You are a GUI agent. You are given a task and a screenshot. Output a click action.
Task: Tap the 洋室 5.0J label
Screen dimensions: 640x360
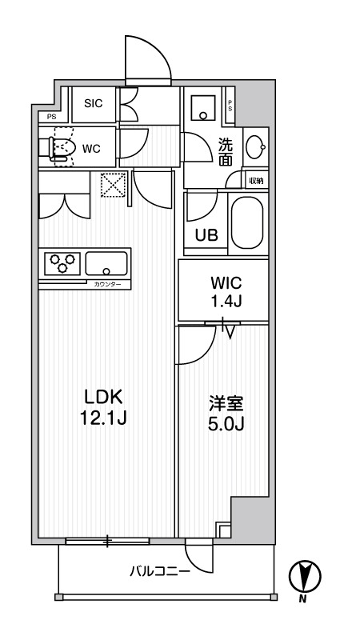pos(225,414)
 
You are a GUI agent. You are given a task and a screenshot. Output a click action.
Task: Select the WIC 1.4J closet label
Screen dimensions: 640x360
pos(225,291)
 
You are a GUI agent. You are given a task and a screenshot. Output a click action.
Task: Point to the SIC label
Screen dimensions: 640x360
pos(94,102)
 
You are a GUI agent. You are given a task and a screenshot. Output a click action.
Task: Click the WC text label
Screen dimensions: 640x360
pos(90,149)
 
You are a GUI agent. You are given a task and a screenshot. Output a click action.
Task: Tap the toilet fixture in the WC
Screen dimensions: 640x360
pos(58,148)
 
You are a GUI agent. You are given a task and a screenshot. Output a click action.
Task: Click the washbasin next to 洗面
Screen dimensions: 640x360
pos(255,146)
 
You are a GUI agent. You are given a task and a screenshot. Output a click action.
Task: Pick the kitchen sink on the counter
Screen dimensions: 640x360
pos(106,262)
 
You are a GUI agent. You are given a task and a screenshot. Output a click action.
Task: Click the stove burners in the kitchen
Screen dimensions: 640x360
pos(63,262)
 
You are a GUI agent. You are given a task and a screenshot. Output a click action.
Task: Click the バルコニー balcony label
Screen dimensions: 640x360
pos(160,571)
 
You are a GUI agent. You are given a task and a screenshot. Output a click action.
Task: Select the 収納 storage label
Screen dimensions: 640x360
pos(256,181)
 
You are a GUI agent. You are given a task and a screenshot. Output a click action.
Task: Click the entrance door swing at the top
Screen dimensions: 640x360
pos(147,59)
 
